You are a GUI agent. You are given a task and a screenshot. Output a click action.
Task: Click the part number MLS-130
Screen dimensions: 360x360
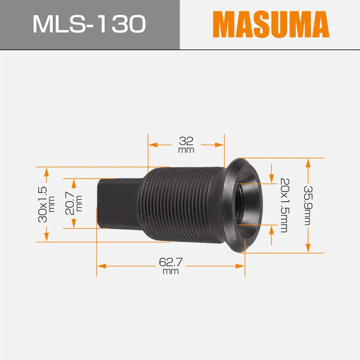(89, 24)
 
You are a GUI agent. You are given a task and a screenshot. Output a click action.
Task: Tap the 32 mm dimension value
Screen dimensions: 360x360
(186, 141)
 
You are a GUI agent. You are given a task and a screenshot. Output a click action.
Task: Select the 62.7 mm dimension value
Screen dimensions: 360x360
(171, 263)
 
